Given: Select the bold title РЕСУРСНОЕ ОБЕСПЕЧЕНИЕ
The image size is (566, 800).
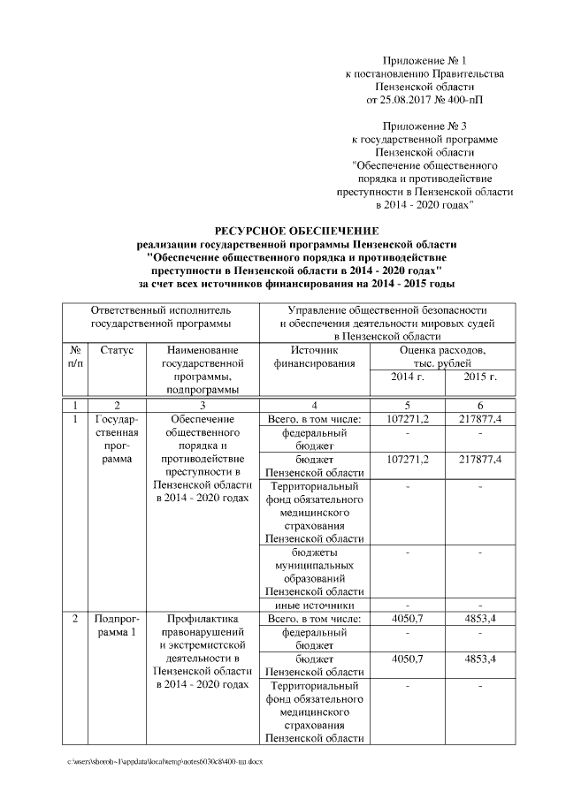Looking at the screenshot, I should tap(296, 231).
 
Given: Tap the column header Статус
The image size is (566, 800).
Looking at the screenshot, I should tap(117, 351).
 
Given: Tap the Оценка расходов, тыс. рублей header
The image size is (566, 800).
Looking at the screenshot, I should tap(443, 357).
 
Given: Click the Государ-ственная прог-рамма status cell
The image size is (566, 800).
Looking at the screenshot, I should tap(117, 438).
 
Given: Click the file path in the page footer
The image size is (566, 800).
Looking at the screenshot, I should tap(164, 760).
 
